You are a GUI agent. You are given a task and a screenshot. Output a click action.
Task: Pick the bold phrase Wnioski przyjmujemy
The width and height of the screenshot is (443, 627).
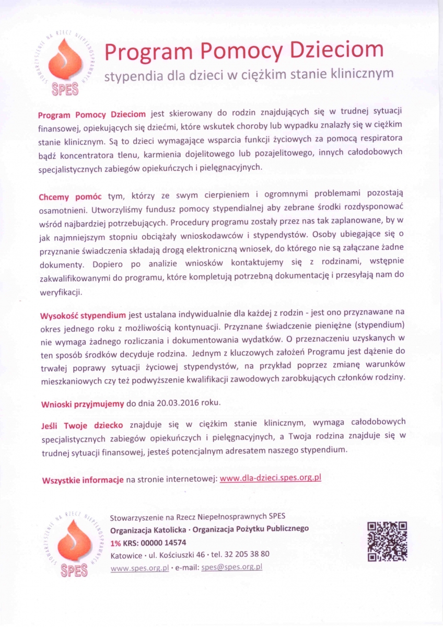tap(82, 403)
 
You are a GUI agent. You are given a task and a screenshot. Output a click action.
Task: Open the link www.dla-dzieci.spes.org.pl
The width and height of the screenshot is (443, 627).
tap(270, 478)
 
